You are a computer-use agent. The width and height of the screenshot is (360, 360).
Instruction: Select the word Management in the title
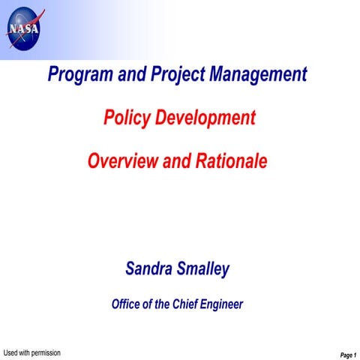coord(259,75)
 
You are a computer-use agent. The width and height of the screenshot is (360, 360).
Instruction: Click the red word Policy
coord(124,118)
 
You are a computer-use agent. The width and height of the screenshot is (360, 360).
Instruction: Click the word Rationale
coord(231,160)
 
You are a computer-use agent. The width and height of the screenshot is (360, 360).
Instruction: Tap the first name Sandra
coord(150,268)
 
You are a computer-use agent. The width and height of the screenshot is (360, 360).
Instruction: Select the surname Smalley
coord(203,268)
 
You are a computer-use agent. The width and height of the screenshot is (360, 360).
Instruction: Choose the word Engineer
coord(223,304)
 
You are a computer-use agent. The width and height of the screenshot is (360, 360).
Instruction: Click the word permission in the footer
coord(44,352)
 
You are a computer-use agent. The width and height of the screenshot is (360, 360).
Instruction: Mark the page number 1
coord(355,355)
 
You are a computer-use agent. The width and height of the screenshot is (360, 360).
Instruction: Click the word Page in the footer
coord(346,355)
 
